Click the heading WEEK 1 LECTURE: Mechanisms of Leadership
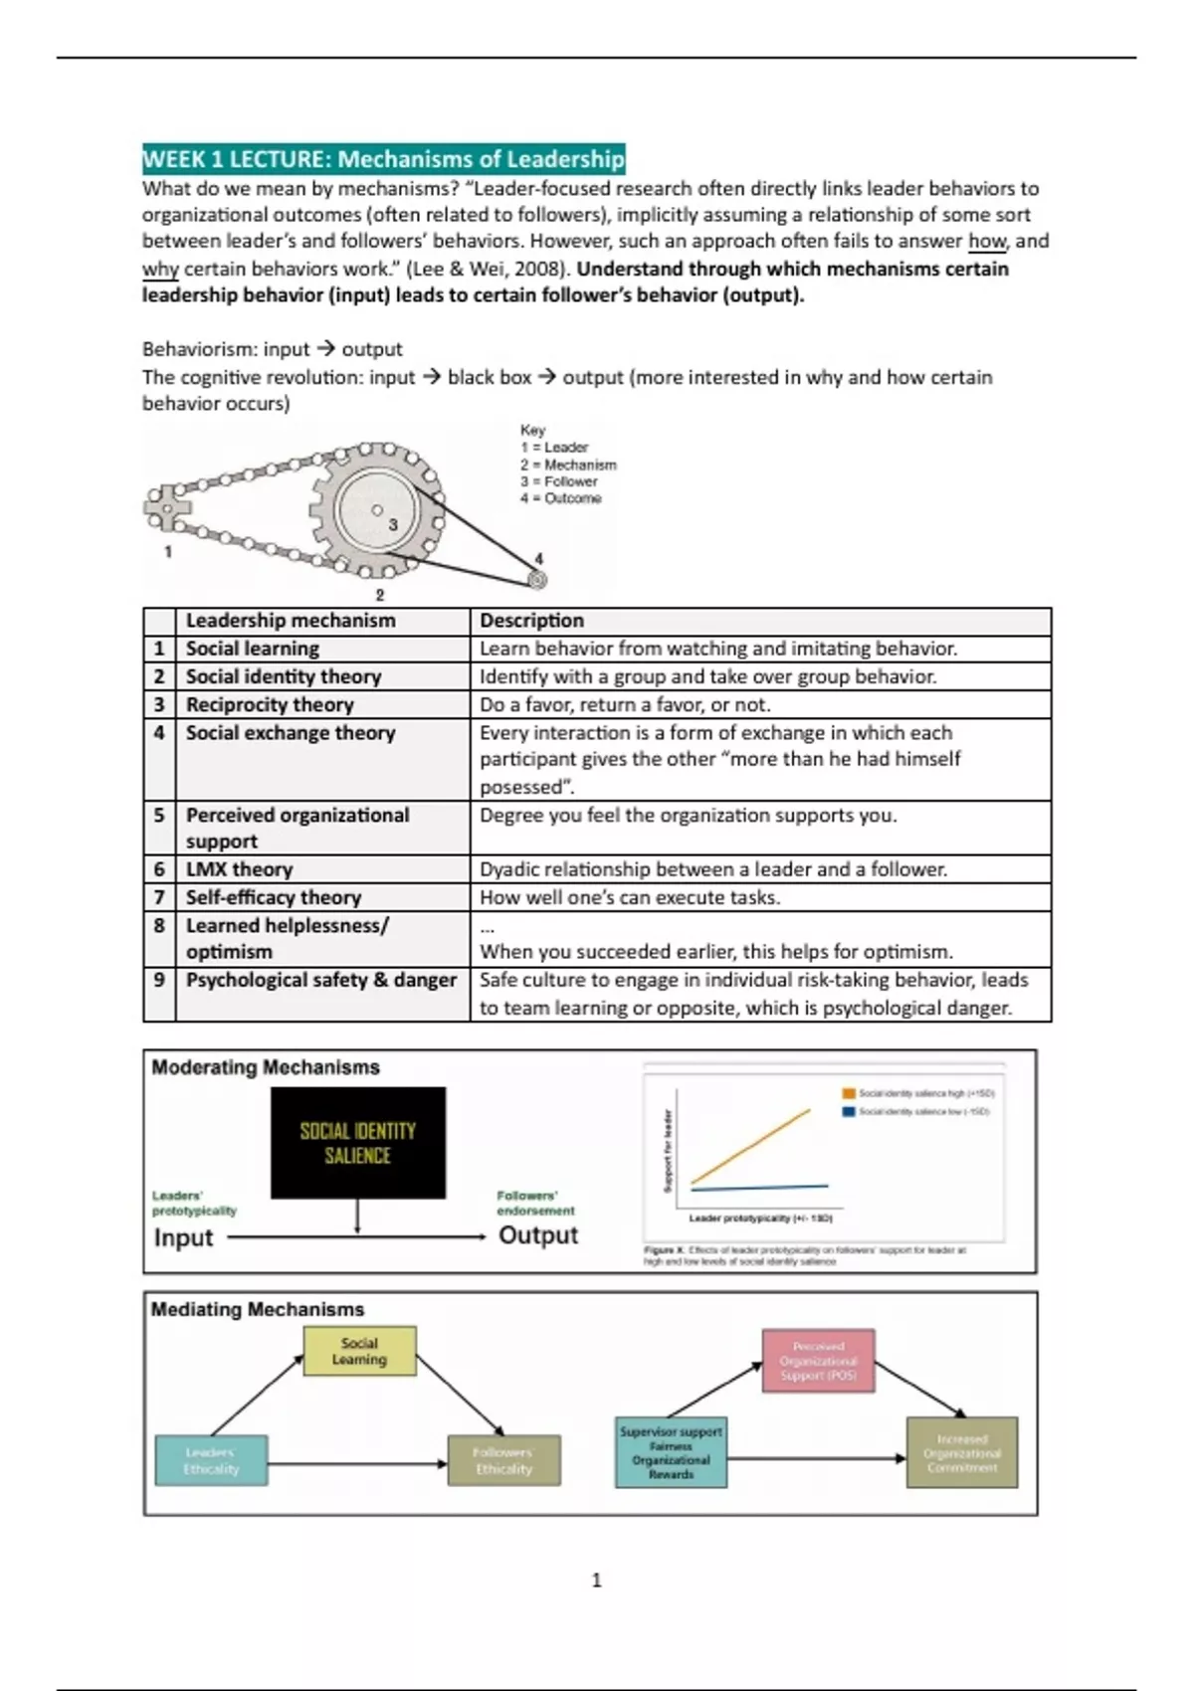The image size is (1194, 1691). (383, 159)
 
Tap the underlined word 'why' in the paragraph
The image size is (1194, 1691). (159, 269)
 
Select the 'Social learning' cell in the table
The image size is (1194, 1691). (253, 649)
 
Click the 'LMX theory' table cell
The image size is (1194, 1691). (239, 869)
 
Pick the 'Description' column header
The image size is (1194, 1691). (532, 621)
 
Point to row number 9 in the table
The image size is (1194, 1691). (159, 980)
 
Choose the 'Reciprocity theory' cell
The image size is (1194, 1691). (270, 704)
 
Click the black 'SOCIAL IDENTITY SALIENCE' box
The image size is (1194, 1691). (358, 1143)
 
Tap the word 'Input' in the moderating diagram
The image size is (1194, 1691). (183, 1237)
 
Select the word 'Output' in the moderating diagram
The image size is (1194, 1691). (538, 1235)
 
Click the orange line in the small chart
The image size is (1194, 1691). (751, 1146)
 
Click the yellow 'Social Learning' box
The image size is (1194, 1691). (359, 1351)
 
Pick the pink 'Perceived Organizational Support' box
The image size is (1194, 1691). (818, 1361)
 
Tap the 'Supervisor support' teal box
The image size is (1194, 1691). (671, 1452)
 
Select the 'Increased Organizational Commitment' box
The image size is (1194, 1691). (961, 1452)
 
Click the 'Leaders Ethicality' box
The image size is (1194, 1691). (211, 1460)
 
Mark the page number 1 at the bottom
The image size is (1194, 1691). (596, 1580)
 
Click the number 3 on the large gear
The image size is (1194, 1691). (393, 524)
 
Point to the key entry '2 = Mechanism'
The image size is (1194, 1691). (568, 465)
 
